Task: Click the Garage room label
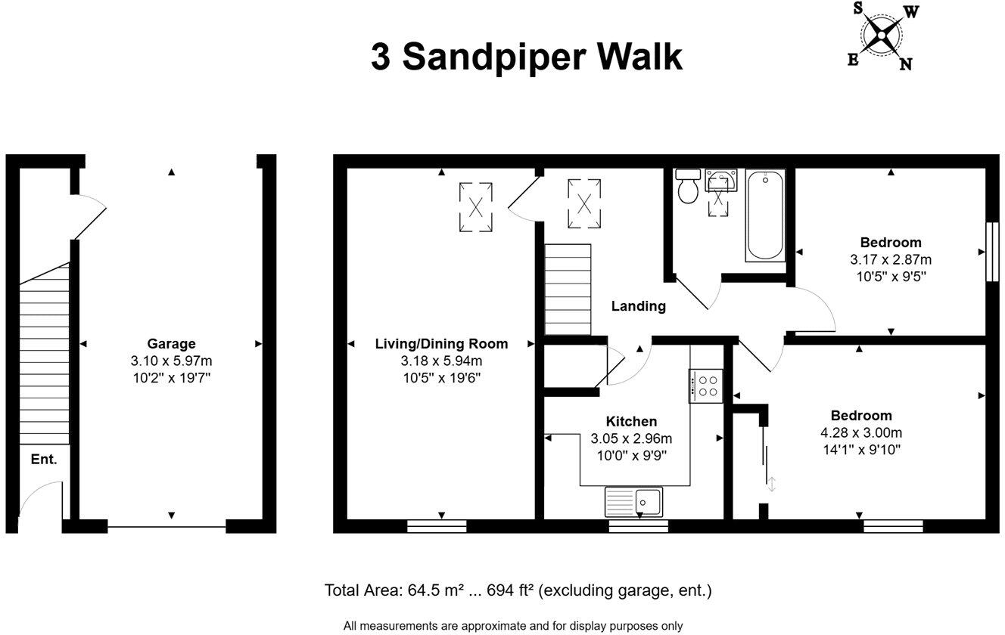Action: click(x=171, y=343)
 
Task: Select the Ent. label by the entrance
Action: click(x=44, y=459)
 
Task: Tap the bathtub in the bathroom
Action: click(x=765, y=215)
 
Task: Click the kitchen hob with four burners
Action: click(x=705, y=385)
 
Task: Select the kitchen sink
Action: click(x=634, y=501)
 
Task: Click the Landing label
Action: click(x=639, y=306)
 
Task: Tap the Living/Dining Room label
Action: click(x=441, y=343)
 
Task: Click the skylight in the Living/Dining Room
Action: click(x=476, y=206)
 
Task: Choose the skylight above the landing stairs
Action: click(x=583, y=203)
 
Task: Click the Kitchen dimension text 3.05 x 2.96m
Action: click(x=631, y=438)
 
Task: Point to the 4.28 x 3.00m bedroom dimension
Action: click(x=861, y=432)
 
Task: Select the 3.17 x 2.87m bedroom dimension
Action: click(x=891, y=259)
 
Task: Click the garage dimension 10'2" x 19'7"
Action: click(x=171, y=376)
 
